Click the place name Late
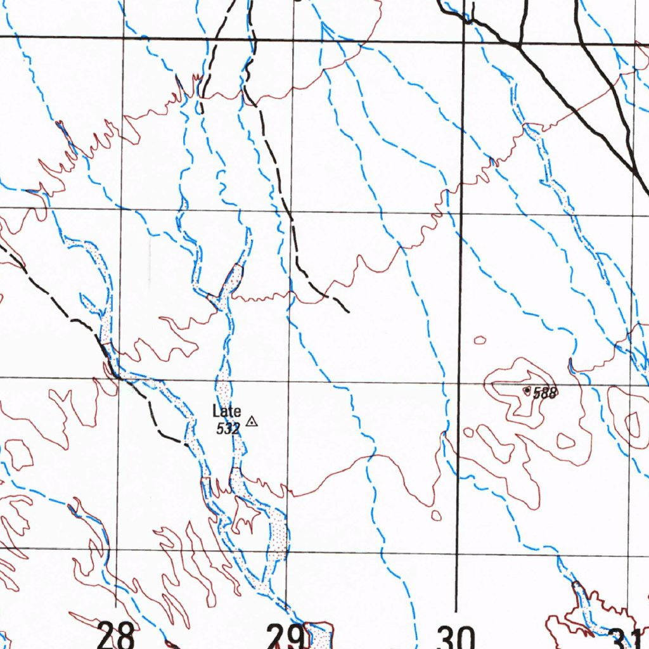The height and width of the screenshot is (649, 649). [x=226, y=412]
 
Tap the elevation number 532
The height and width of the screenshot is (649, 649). [x=228, y=429]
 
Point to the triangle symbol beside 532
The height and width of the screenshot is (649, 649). [x=252, y=421]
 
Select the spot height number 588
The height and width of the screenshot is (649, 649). [x=544, y=394]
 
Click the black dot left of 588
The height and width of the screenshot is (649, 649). [x=527, y=391]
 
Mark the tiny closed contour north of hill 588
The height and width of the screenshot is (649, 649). [x=480, y=340]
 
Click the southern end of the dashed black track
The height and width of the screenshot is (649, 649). [x=348, y=312]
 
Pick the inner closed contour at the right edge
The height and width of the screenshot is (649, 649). [x=633, y=423]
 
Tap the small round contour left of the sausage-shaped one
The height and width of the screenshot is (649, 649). [x=468, y=432]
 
